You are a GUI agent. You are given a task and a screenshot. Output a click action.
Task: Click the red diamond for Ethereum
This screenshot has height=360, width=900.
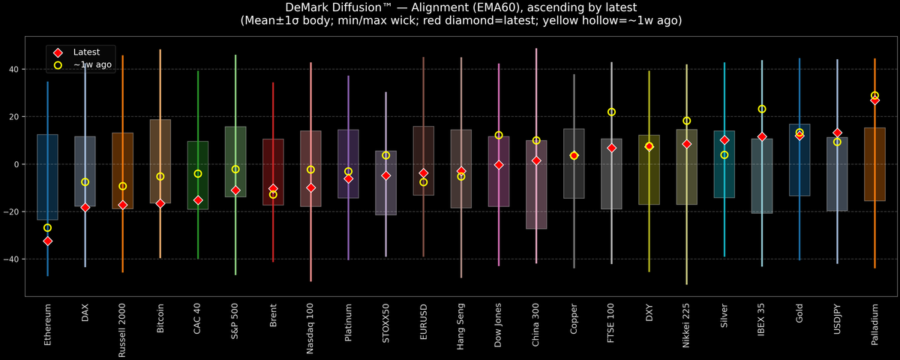47,241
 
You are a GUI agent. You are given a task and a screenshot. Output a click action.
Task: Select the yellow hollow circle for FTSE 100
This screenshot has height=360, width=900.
611,112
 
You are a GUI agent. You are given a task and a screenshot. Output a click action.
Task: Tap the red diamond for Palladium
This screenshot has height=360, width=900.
874,100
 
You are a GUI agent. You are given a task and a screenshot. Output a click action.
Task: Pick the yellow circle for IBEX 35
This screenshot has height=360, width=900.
762,109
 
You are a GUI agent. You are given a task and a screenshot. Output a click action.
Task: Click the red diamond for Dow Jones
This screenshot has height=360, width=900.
499,164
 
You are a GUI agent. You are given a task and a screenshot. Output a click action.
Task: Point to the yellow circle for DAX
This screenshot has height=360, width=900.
85,182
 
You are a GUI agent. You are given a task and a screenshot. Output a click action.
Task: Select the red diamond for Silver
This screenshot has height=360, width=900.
724,140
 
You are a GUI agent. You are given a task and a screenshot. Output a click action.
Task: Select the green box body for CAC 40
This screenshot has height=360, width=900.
198,175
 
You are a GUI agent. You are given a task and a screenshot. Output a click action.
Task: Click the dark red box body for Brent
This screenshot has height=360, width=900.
273,172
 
